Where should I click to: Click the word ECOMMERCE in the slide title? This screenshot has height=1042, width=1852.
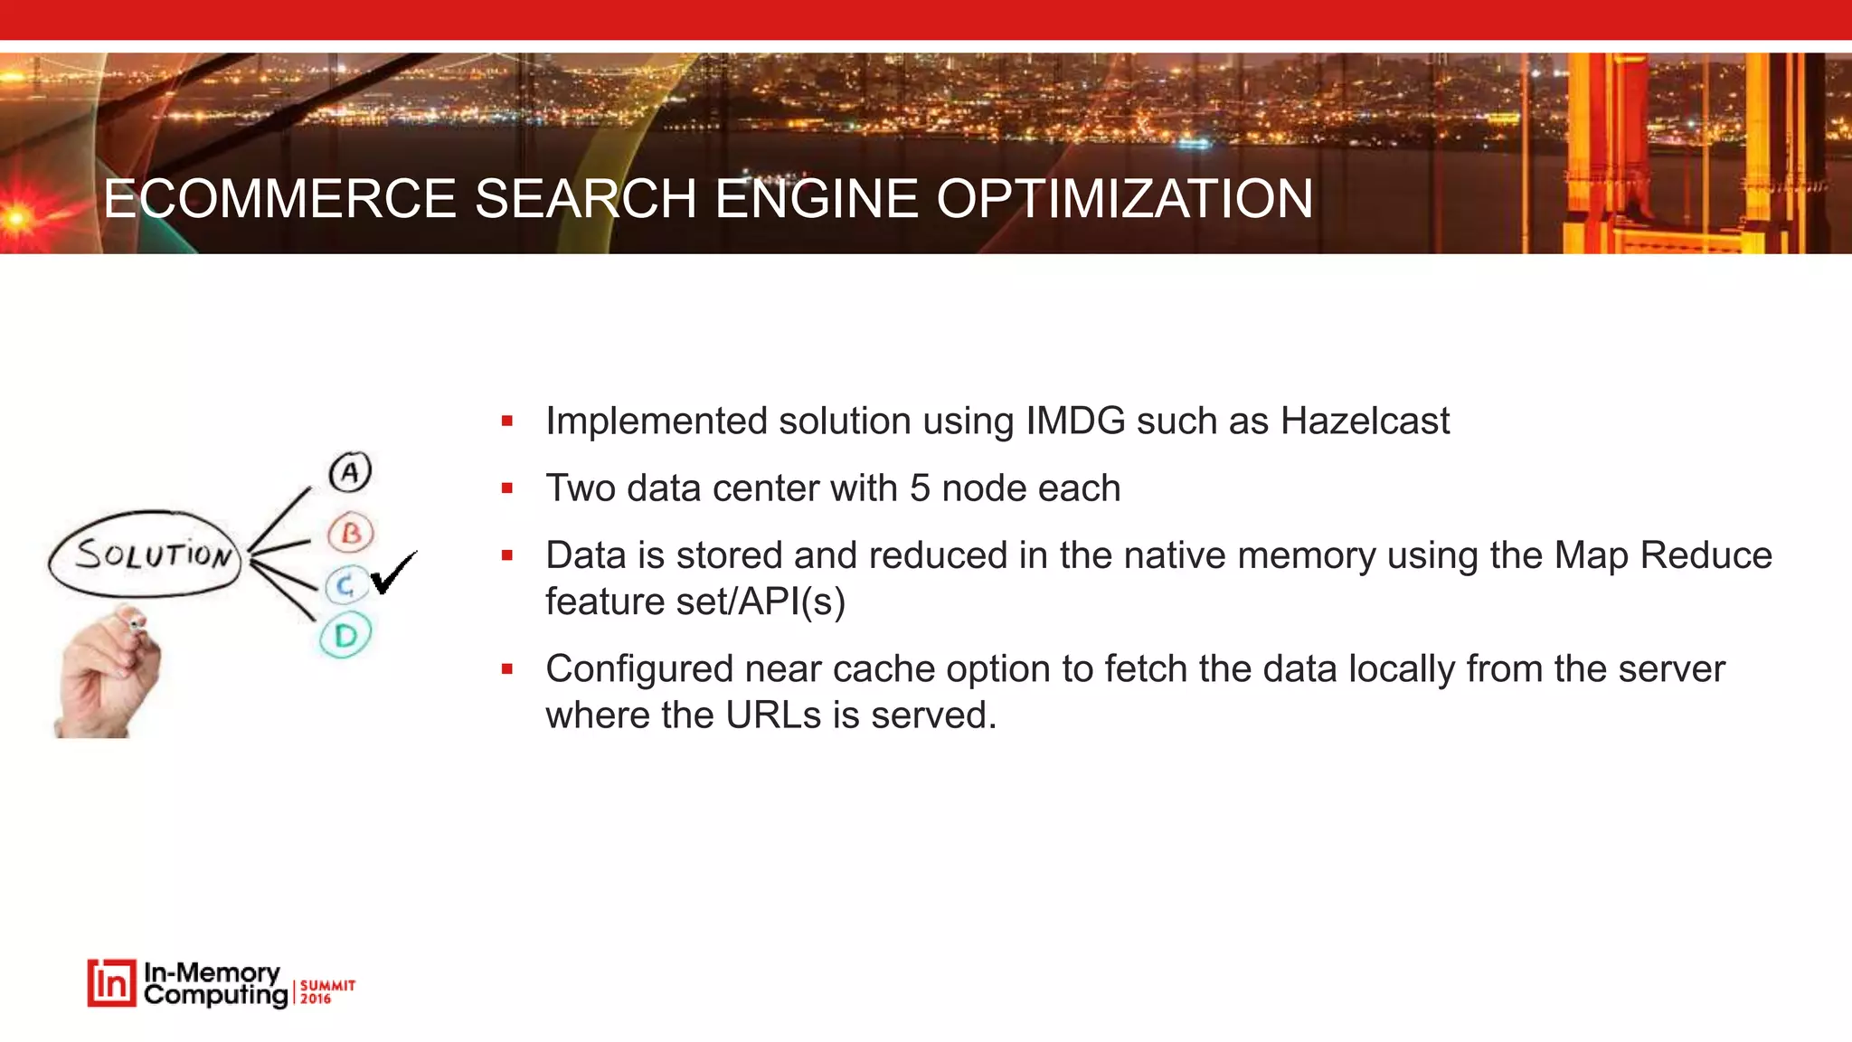pos(279,199)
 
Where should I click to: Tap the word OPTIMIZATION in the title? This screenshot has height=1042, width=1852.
pos(1124,199)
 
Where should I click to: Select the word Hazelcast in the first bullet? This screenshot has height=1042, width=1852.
pos(1365,422)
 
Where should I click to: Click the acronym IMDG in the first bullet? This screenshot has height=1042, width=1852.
pos(1075,422)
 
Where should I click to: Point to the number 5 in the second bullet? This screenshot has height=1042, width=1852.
pos(920,488)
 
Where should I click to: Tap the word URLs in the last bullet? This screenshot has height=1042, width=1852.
pos(773,715)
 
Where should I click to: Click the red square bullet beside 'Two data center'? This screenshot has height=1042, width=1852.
pos(507,488)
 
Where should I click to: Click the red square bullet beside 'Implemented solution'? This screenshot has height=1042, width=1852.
pos(507,421)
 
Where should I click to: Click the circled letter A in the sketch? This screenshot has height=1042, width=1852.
pos(350,472)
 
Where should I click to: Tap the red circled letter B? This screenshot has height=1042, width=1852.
pos(351,534)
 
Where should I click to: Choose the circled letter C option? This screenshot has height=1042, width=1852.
pos(345,586)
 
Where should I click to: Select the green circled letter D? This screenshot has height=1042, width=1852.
pos(345,636)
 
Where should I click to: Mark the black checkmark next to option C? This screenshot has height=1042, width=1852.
pos(392,573)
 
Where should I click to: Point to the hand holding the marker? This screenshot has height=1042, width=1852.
pos(109,674)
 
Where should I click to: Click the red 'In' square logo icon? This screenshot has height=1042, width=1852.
pos(111,983)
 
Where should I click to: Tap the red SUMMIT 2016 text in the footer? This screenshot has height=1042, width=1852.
pos(326,991)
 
